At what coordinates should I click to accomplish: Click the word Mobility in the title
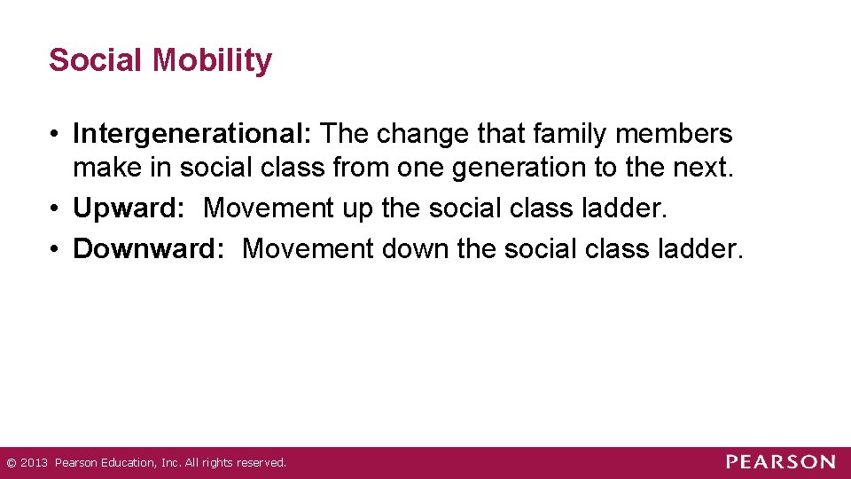(x=212, y=60)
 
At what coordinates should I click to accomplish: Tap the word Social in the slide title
(x=97, y=60)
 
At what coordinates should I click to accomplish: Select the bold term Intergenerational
(x=191, y=134)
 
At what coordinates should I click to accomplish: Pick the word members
(x=683, y=134)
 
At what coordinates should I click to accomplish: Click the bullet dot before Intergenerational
(x=55, y=135)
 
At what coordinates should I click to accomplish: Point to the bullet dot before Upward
(x=55, y=209)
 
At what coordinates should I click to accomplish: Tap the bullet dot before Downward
(x=55, y=250)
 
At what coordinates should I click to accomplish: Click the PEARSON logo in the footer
(x=780, y=462)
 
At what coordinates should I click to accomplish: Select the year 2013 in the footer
(x=33, y=463)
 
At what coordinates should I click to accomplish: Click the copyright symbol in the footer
(x=10, y=463)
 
